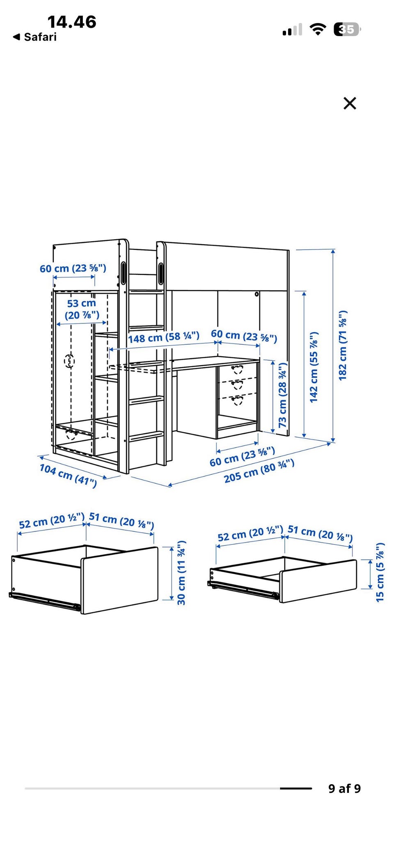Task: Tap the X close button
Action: pyautogui.click(x=350, y=103)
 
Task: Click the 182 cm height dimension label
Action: pyautogui.click(x=343, y=346)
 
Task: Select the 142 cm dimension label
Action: pyautogui.click(x=314, y=367)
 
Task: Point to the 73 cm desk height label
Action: pyautogui.click(x=283, y=395)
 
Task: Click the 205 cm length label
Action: pyautogui.click(x=259, y=471)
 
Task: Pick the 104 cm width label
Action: pyautogui.click(x=68, y=475)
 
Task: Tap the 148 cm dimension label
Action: pyautogui.click(x=164, y=337)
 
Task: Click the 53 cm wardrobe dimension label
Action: pyautogui.click(x=82, y=309)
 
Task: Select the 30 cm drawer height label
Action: pyautogui.click(x=181, y=573)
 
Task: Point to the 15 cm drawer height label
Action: pyautogui.click(x=380, y=572)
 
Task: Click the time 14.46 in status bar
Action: pyautogui.click(x=72, y=22)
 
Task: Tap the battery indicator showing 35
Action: pyautogui.click(x=347, y=29)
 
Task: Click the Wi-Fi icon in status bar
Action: pyautogui.click(x=317, y=29)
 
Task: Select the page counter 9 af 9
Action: pyautogui.click(x=344, y=788)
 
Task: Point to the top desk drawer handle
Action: pyautogui.click(x=237, y=369)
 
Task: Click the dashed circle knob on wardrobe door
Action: pyautogui.click(x=69, y=361)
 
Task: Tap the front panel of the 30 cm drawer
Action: pyautogui.click(x=120, y=580)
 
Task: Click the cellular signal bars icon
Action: pyautogui.click(x=292, y=30)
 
